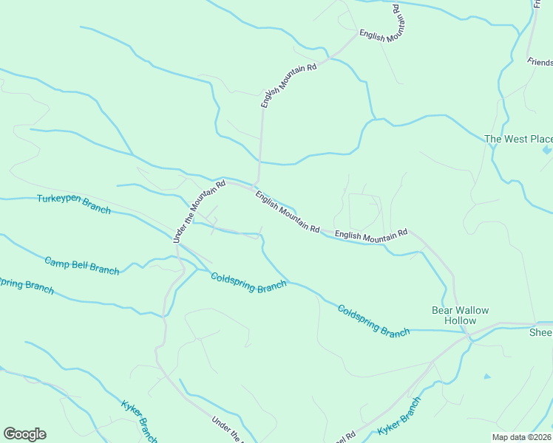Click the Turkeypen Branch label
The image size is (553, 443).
click(x=74, y=205)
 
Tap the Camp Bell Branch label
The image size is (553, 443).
click(x=81, y=265)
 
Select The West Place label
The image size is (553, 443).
click(x=518, y=139)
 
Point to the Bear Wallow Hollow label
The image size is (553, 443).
click(x=460, y=315)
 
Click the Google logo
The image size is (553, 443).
click(x=24, y=434)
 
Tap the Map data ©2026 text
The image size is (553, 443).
click(x=522, y=437)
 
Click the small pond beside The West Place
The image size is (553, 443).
click(x=546, y=150)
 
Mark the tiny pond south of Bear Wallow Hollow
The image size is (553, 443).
click(x=486, y=377)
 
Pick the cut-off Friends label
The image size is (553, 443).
click(x=539, y=63)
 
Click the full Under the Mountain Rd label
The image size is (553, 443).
click(x=198, y=210)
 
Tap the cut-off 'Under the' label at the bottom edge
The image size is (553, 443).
click(x=227, y=430)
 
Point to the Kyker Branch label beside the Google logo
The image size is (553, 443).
click(x=138, y=422)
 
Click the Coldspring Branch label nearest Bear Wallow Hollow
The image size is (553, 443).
click(x=373, y=320)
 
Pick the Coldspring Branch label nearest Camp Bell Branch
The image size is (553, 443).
click(x=248, y=283)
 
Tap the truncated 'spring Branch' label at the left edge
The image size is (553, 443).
click(x=27, y=285)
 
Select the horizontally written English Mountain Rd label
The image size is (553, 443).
click(x=371, y=234)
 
